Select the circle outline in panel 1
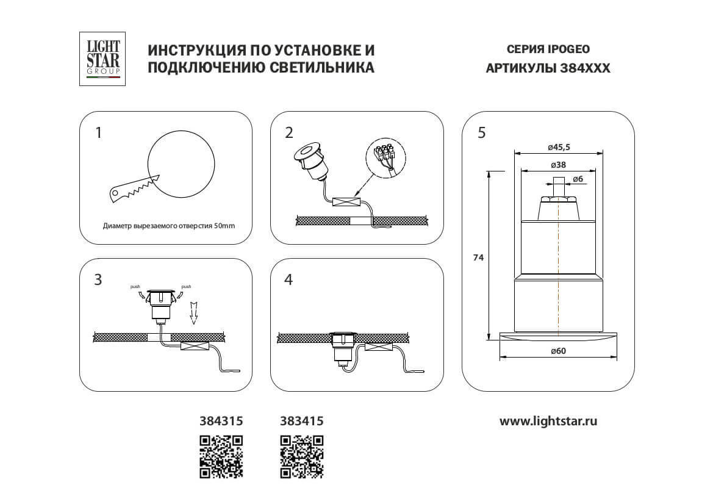(182, 164)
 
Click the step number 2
(288, 132)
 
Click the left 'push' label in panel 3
(135, 286)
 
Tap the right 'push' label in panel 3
(186, 286)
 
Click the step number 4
(288, 279)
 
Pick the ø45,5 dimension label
(559, 147)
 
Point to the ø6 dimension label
(579, 179)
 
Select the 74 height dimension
(478, 258)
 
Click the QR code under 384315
(221, 456)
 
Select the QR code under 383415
(301, 456)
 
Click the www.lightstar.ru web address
(548, 421)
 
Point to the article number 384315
(221, 421)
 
